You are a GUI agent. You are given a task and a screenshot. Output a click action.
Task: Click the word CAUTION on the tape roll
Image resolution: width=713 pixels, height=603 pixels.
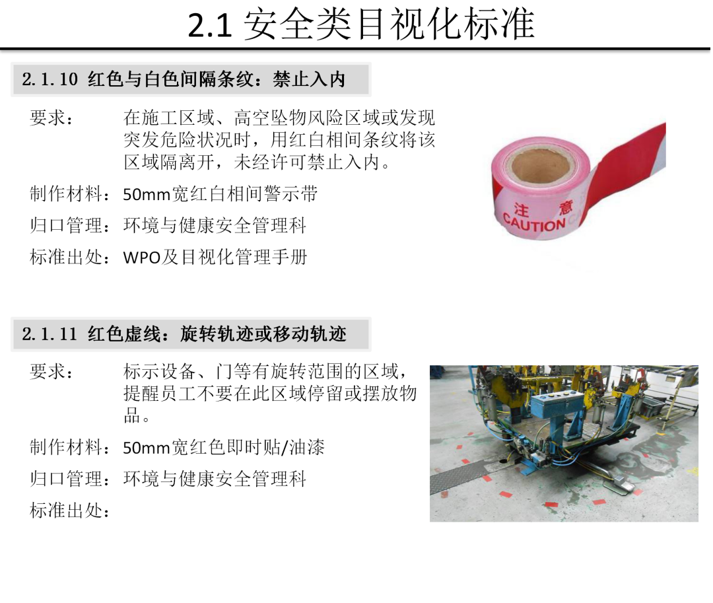(x=534, y=223)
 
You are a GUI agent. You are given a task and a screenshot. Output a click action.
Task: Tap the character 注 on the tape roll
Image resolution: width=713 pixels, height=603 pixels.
(x=522, y=209)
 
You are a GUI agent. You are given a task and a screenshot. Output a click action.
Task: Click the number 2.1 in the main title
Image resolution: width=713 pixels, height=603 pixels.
(x=210, y=26)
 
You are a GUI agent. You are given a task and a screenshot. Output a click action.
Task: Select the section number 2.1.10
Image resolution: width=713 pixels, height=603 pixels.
(x=50, y=79)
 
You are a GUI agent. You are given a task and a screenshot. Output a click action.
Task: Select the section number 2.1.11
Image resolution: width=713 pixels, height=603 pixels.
(x=50, y=334)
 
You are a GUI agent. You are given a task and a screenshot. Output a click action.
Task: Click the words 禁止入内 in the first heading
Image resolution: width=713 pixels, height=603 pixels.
(x=309, y=79)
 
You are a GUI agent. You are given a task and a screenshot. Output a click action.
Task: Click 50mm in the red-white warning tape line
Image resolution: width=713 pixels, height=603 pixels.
(x=147, y=195)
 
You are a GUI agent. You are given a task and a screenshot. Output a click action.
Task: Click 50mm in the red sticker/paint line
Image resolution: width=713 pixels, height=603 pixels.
(x=147, y=448)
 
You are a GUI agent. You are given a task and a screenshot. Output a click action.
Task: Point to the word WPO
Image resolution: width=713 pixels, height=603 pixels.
(x=142, y=258)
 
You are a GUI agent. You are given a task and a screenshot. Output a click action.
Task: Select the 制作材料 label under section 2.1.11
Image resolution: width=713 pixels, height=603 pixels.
(x=67, y=448)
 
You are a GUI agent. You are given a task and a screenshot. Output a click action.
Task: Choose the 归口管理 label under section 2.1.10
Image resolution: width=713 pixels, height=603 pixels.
(x=67, y=226)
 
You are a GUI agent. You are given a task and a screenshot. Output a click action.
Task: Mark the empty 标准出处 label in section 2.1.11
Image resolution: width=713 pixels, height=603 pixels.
(x=67, y=511)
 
